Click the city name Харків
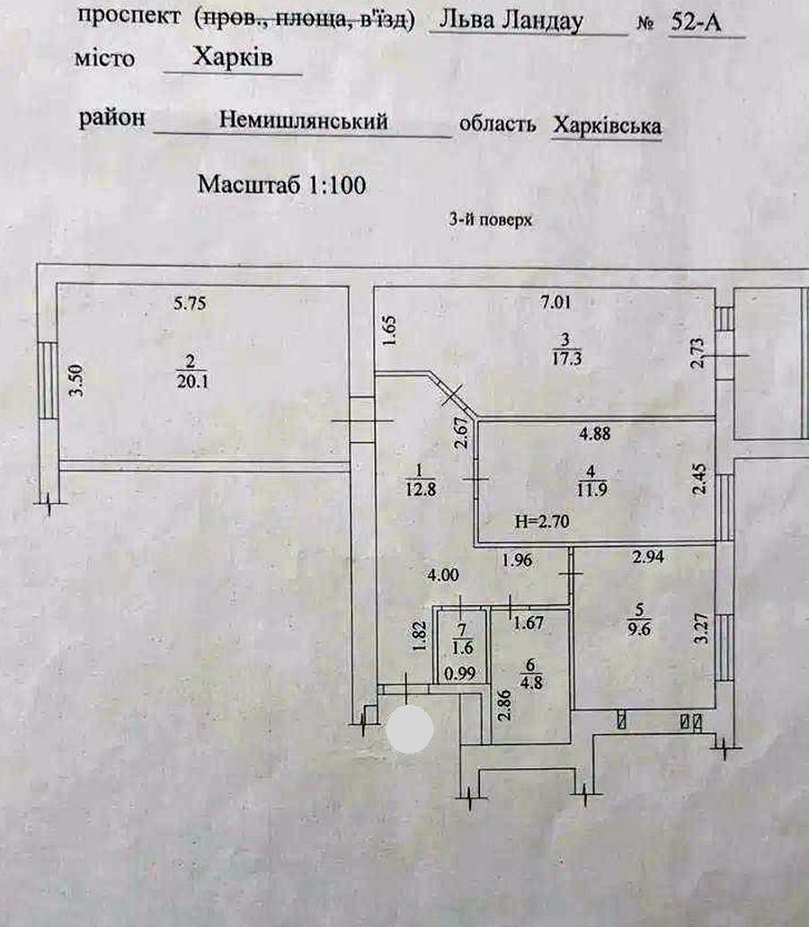coord(233,58)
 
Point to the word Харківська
coord(607,125)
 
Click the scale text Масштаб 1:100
coord(281,186)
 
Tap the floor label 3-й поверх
coord(491,219)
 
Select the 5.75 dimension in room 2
coord(190,304)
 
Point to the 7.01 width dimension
coord(556,303)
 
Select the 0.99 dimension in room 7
coord(459,671)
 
